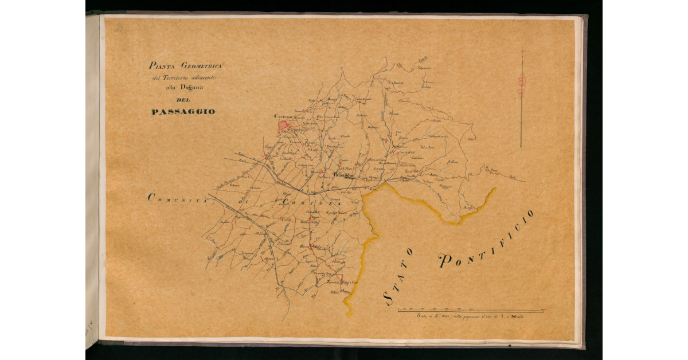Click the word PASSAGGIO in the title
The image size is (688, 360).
click(183, 112)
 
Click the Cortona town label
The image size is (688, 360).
click(283, 116)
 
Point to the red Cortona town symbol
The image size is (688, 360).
click(283, 126)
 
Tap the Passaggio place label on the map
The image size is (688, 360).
click(343, 175)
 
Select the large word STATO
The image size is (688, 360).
click(397, 275)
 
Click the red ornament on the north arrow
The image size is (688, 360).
click(521, 85)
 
